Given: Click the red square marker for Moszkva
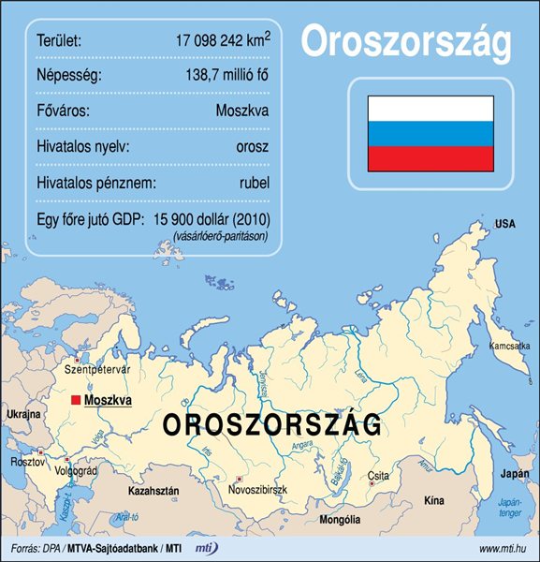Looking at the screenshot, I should point(77,400).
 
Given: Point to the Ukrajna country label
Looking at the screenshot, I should point(23,413).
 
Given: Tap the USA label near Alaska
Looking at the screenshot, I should point(505,224).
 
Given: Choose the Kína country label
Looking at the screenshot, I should point(433,502).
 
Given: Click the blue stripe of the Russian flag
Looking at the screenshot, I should point(431,133).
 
